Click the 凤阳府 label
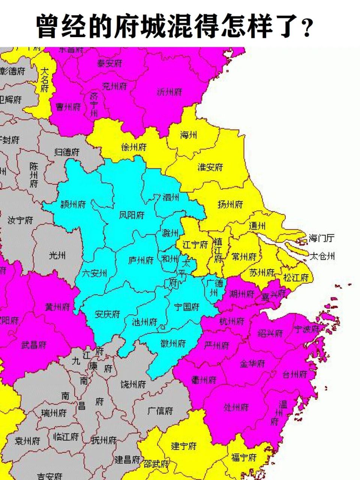[x=132, y=215]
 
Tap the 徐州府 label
[x=134, y=147]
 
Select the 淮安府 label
[x=210, y=167]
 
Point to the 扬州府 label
[x=230, y=204]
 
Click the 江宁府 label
[x=195, y=245]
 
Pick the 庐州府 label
[x=141, y=260]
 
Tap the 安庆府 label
[x=107, y=314]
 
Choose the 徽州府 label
[x=173, y=343]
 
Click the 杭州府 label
[x=231, y=321]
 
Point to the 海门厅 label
[x=321, y=238]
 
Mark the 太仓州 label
[x=322, y=256]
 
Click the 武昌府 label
[x=34, y=345]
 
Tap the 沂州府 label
[x=169, y=92]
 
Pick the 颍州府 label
[x=73, y=204]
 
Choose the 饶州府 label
[x=133, y=384]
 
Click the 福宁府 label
[x=244, y=457]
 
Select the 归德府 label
[x=67, y=152]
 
